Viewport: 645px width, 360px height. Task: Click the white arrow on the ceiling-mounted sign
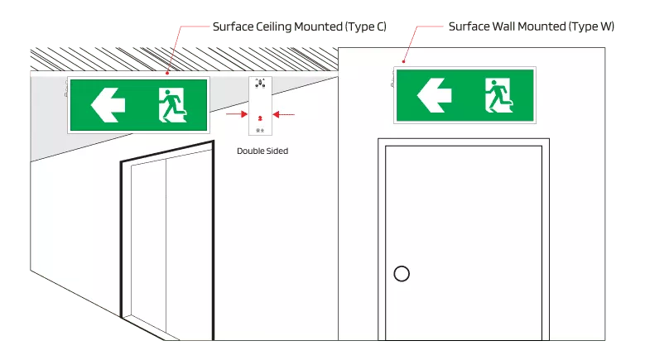(108, 105)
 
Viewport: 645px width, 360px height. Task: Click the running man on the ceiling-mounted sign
(173, 105)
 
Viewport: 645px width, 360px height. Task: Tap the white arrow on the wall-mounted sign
(434, 95)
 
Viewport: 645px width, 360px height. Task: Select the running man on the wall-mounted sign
(499, 95)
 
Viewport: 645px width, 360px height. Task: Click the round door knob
(402, 274)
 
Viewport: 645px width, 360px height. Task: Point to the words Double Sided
(262, 151)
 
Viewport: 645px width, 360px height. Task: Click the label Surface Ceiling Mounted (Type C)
(300, 26)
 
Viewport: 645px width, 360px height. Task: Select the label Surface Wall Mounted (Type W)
(531, 26)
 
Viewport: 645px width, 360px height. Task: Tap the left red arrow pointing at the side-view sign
(237, 114)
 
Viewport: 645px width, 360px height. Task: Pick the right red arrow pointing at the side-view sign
(284, 114)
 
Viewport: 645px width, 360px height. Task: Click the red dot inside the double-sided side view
(260, 118)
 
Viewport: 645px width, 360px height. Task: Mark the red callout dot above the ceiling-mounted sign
(167, 73)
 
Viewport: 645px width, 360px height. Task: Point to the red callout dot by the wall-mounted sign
(403, 61)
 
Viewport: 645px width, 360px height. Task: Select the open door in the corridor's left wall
(168, 241)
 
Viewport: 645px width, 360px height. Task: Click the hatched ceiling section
(185, 60)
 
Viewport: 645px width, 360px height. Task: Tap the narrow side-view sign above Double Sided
(260, 106)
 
